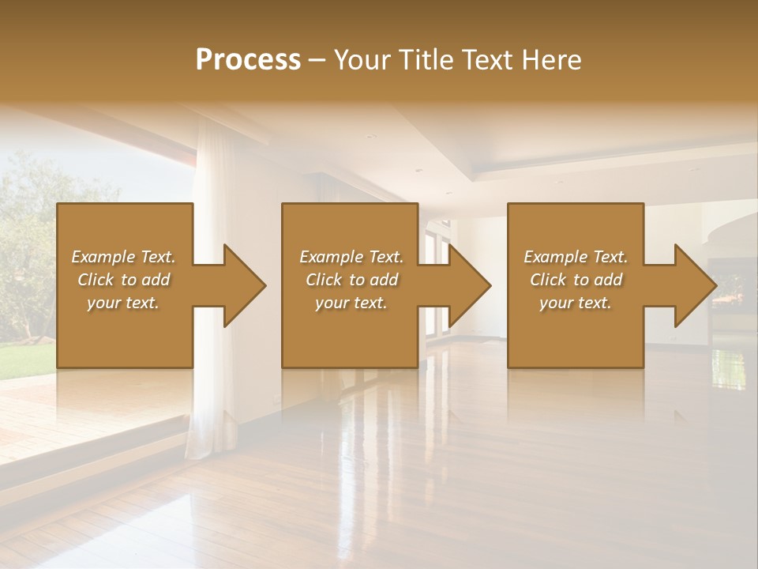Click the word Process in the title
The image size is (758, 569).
(x=248, y=60)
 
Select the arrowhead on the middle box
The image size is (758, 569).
(x=468, y=285)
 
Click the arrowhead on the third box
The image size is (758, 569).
(x=693, y=285)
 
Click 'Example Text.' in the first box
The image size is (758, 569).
(x=123, y=257)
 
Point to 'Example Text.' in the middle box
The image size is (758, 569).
(x=351, y=257)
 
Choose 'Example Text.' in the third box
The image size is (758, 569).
(x=576, y=257)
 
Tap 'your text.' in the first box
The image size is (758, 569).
(x=123, y=303)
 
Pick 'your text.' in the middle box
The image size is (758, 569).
(x=351, y=303)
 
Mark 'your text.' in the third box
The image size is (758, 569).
(x=576, y=303)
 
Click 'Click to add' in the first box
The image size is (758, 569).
(x=123, y=280)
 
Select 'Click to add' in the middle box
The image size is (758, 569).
(x=351, y=280)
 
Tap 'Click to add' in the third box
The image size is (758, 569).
(x=576, y=280)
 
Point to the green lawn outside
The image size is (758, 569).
(x=24, y=360)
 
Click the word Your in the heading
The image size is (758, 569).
(x=360, y=60)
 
